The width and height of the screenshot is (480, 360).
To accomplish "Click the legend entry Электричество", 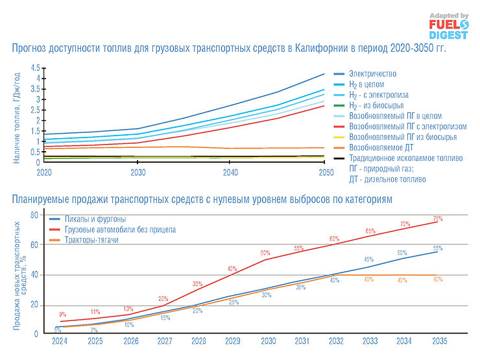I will [x=372, y=74].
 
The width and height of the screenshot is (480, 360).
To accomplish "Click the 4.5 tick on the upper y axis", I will [x=35, y=67].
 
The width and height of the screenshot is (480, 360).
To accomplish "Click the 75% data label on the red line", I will [x=438, y=219].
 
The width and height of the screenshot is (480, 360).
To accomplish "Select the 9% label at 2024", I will [x=63, y=315].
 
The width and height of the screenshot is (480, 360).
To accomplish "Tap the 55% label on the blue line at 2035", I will [x=438, y=248].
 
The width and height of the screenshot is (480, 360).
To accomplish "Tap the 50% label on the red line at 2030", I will [x=265, y=253].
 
